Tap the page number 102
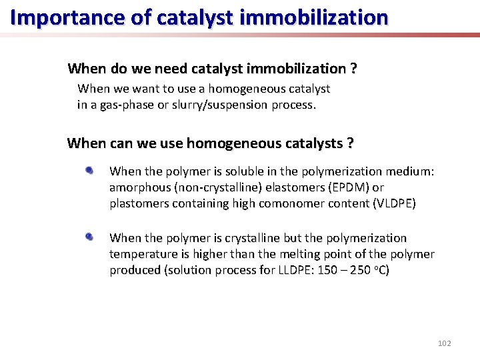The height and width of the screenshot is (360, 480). click(444, 343)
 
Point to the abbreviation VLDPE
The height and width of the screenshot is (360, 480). click(394, 203)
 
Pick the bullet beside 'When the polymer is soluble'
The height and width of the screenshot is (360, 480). click(89, 171)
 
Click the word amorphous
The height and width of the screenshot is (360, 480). click(140, 187)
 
